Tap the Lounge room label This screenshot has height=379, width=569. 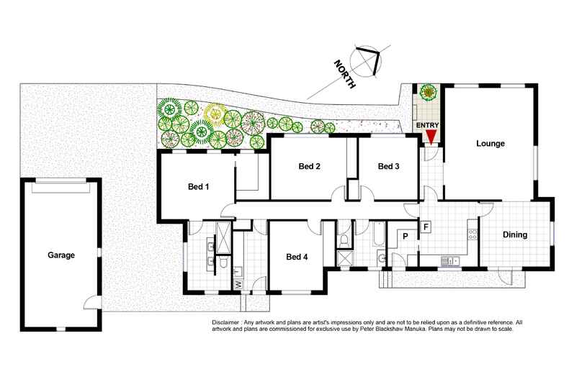coord(490,144)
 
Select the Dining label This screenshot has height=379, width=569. coord(515,234)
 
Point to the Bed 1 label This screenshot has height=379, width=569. coord(198,187)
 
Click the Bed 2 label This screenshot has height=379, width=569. coord(309,167)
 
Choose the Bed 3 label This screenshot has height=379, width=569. coord(388,167)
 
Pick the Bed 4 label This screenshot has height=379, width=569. coord(297,257)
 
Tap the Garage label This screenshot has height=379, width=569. coord(62,255)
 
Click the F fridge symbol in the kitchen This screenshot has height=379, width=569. coord(426,227)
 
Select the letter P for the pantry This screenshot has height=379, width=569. coord(406,236)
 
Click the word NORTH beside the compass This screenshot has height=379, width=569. coord(344,74)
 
